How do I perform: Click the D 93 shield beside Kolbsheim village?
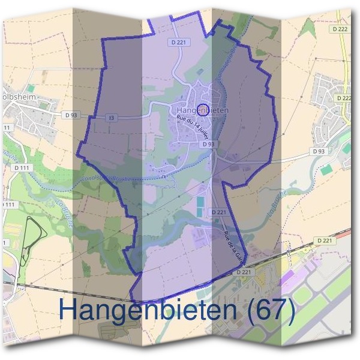(71, 114)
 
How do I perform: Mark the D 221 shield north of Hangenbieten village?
(178, 42)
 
